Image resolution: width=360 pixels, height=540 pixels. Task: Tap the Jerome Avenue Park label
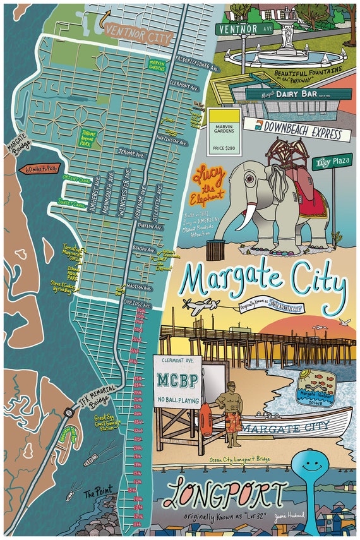pyautogui.click(x=90, y=138)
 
